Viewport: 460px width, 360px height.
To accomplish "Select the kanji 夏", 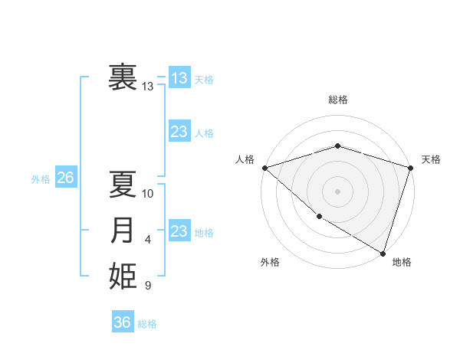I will tap(123, 184).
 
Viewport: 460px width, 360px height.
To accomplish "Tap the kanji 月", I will tap(123, 231).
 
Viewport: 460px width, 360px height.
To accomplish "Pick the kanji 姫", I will tap(123, 277).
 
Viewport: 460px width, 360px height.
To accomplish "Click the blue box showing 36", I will tap(123, 322).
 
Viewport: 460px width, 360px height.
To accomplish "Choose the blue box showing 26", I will tap(65, 178).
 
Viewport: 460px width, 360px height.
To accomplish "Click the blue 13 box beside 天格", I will tap(179, 78).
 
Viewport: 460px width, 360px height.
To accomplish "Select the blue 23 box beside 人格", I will tap(179, 132).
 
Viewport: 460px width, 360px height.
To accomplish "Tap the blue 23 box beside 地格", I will tap(179, 231).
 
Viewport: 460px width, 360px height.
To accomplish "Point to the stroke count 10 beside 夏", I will tap(148, 193).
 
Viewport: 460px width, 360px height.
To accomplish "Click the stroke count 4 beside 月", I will tap(148, 240).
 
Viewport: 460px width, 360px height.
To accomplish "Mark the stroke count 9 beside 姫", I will tap(148, 286).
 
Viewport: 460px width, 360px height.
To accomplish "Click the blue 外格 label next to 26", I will tap(41, 179).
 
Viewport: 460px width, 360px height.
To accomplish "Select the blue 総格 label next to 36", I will tap(147, 324).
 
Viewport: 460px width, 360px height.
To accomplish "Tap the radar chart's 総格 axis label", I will tap(337, 100).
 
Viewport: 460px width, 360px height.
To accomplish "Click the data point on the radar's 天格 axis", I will tap(410, 167).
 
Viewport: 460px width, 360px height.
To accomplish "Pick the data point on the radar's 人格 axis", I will tap(264, 167).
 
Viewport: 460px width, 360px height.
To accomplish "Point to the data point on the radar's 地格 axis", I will tap(383, 252).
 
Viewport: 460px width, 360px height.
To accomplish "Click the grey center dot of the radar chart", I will tap(337, 191).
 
